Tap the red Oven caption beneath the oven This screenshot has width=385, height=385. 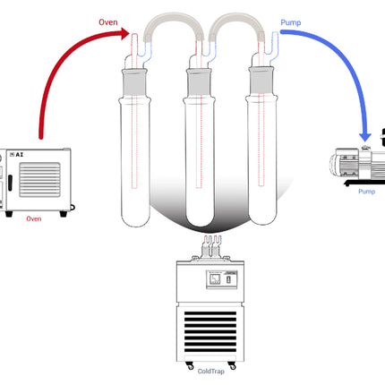point(34,218)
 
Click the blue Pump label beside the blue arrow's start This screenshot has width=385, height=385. point(291,25)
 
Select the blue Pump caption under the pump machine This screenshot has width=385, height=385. point(366,192)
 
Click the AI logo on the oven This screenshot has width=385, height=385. point(18,155)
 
